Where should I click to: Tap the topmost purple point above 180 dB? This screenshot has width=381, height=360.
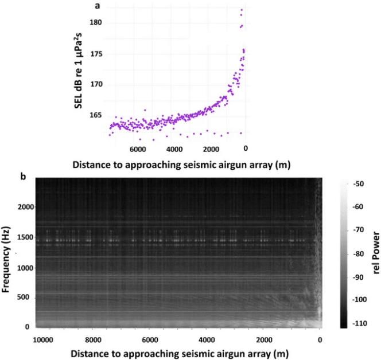(242, 10)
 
